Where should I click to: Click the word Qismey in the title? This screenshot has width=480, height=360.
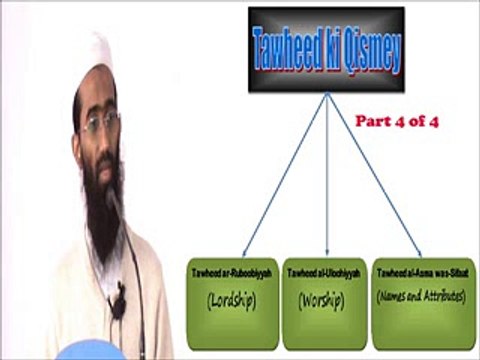pos(366,53)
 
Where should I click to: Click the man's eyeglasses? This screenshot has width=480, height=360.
pos(100,126)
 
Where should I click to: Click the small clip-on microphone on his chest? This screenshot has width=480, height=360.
pos(118,301)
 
